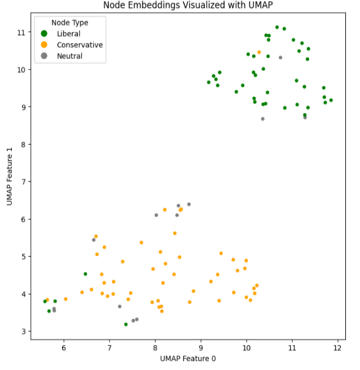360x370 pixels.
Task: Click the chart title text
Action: pyautogui.click(x=183, y=6)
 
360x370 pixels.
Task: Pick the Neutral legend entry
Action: pyautogui.click(x=69, y=56)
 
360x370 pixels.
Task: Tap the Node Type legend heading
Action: pyautogui.click(x=69, y=23)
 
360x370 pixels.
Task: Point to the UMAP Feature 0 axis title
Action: pyautogui.click(x=188, y=358)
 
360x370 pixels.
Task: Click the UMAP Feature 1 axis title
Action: pyautogui.click(x=10, y=176)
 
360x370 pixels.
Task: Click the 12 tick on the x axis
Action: pyautogui.click(x=337, y=348)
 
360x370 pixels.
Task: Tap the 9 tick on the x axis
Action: pyautogui.click(x=200, y=348)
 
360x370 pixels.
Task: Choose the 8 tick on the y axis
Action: pyautogui.click(x=23, y=144)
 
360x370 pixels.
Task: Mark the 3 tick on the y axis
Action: pyautogui.click(x=23, y=331)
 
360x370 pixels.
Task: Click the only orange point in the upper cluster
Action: pyautogui.click(x=259, y=52)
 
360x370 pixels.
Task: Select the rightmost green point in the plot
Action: pyautogui.click(x=331, y=100)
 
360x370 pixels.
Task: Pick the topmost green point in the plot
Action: pyautogui.click(x=277, y=27)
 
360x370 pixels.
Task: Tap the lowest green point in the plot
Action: pyautogui.click(x=126, y=324)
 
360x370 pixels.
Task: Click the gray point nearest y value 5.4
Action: pyautogui.click(x=94, y=240)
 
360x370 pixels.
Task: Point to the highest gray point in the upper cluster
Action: pyautogui.click(x=280, y=58)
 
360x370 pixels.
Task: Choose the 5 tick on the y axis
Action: pyautogui.click(x=23, y=257)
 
